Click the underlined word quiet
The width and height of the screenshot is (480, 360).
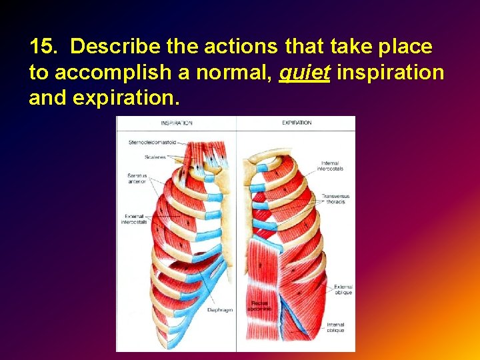[305, 72]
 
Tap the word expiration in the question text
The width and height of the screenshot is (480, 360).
[126, 97]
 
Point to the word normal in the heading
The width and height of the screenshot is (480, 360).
[233, 72]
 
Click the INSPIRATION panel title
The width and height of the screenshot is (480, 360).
[176, 123]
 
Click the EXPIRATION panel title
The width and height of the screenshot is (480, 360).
[297, 123]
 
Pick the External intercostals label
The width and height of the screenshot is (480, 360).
[134, 219]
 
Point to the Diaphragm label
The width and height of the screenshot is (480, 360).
[219, 310]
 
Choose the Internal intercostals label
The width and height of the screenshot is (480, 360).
[331, 166]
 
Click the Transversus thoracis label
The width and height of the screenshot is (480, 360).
[335, 199]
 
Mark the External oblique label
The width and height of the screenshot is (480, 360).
[343, 289]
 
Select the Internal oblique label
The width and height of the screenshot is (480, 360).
[335, 327]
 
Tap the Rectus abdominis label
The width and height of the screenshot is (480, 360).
[259, 306]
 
